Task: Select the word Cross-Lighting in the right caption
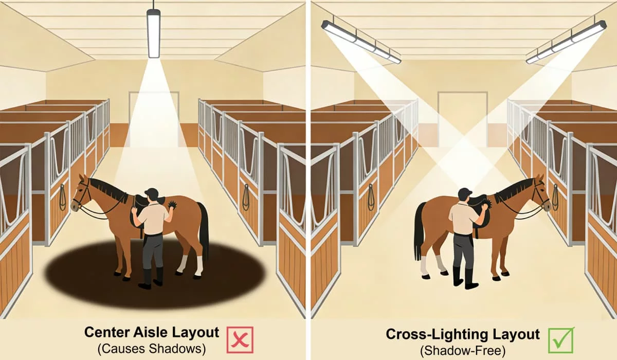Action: [431, 335]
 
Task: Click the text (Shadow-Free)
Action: [463, 351]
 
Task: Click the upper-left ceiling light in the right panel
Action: [360, 41]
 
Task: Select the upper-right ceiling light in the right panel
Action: [566, 41]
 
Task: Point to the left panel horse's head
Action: [82, 193]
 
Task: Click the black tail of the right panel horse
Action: [420, 231]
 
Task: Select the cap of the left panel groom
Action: [151, 192]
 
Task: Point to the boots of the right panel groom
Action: [463, 278]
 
